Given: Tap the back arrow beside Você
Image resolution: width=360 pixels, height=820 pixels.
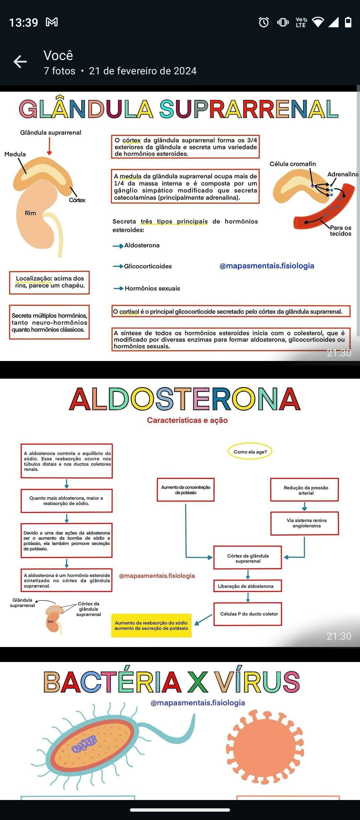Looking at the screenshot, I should click(20, 62).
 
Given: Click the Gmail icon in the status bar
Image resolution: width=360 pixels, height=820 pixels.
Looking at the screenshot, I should click(52, 22).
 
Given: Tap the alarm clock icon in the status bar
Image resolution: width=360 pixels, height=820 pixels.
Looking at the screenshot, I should click(264, 22).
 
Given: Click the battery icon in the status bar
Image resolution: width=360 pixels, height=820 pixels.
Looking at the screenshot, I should click(348, 22).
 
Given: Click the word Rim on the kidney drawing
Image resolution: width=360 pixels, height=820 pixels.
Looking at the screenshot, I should click(30, 213).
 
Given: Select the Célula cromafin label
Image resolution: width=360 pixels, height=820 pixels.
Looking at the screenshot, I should click(292, 164).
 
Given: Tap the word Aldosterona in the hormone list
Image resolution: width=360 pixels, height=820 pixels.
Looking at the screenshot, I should click(142, 245).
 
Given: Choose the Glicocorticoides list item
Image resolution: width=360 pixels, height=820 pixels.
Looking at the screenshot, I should click(148, 266).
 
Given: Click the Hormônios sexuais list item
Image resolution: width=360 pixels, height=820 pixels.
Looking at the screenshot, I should click(152, 288).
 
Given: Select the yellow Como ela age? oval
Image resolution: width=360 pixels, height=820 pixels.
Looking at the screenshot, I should click(250, 452).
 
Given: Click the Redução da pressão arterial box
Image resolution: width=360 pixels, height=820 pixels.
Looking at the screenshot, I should click(304, 490).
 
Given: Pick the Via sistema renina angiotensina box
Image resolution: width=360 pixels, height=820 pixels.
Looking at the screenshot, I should click(304, 523).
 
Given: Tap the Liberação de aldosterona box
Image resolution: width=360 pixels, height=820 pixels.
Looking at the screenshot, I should click(247, 586).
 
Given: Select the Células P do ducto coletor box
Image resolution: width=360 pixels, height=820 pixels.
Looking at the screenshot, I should click(247, 614).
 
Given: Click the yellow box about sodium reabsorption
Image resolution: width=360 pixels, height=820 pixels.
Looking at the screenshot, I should click(151, 625).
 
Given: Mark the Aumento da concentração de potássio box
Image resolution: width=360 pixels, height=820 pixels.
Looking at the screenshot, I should click(186, 490).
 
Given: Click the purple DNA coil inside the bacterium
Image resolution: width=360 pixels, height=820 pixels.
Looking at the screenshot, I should click(84, 744).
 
